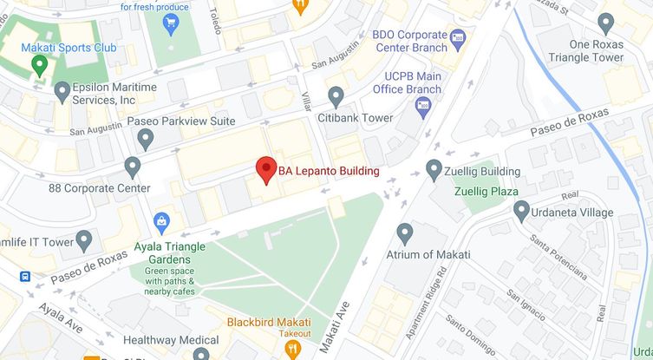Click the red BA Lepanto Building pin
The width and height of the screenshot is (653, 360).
pyautogui.click(x=266, y=169)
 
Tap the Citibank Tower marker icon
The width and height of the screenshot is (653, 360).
pyautogui.click(x=336, y=96)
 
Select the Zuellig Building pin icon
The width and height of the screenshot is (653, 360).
pyautogui.click(x=434, y=169)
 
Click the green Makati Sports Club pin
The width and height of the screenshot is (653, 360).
pyautogui.click(x=39, y=63)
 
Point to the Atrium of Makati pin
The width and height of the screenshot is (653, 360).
pyautogui.click(x=405, y=232)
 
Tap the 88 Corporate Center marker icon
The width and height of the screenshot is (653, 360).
pyautogui.click(x=133, y=166)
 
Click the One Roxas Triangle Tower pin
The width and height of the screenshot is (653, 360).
pyautogui.click(x=606, y=23)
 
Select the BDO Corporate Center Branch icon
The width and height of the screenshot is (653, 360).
pyautogui.click(x=458, y=37)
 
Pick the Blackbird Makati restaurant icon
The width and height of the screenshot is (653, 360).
pyautogui.click(x=292, y=348)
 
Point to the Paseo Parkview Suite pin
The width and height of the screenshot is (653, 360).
pyautogui.click(x=146, y=137)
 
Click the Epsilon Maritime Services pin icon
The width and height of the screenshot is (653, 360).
pyautogui.click(x=62, y=90)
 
